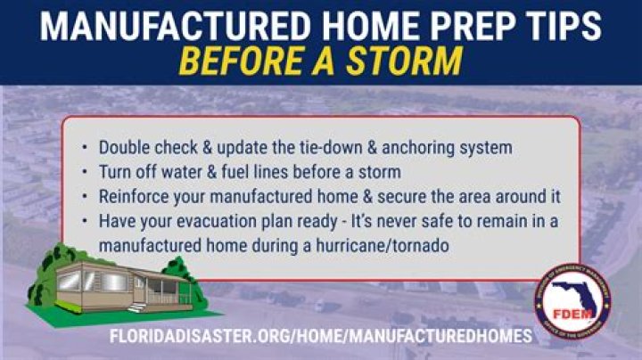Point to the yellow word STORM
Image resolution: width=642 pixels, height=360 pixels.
[409, 62]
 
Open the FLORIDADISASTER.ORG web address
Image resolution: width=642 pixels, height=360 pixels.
[321, 337]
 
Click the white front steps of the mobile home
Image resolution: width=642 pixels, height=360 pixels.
[137, 307]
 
